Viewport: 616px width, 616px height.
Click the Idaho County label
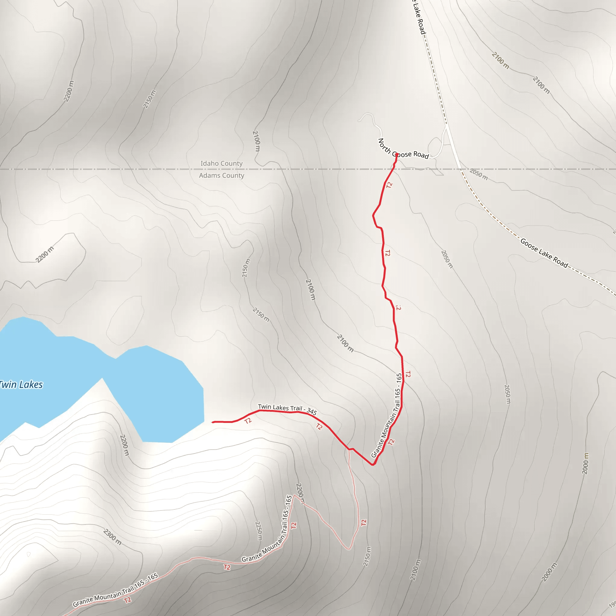221,163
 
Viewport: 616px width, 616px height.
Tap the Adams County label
221,175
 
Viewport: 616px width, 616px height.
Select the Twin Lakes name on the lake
20,384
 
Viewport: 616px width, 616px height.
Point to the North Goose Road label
403,149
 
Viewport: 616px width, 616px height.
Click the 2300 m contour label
112,537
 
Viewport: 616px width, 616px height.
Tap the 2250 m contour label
259,531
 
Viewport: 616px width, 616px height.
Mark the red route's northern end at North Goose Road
396,154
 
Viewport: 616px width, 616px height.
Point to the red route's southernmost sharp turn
373,464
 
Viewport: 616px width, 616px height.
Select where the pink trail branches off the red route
349,450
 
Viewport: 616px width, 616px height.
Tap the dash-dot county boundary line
128,169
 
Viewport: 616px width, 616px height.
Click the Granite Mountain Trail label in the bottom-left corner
115,590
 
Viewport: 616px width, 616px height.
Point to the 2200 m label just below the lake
124,445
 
